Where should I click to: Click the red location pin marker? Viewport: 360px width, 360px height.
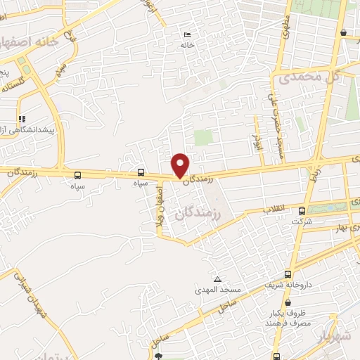tap(181, 165)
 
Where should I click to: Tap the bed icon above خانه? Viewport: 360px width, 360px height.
tap(186, 34)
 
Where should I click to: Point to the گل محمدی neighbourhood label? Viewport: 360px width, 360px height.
tap(314, 77)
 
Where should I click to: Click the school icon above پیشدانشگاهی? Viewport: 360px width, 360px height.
tap(22, 119)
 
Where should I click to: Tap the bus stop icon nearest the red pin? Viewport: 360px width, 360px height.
tap(141, 172)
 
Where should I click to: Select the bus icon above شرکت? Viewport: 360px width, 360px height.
tap(302, 210)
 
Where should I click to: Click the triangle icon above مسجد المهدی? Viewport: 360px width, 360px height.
tap(217, 279)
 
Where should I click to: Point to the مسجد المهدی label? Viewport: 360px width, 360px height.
tap(218, 290)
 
